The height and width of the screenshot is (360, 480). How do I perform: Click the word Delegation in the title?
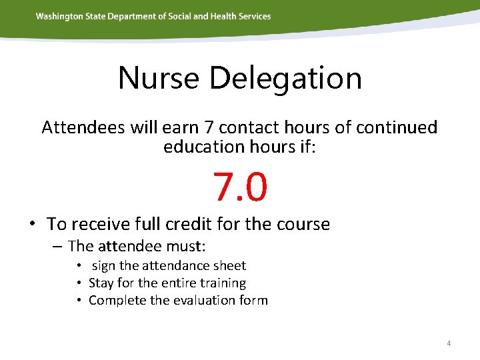click(x=285, y=78)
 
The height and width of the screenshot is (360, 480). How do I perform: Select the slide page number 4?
click(x=449, y=343)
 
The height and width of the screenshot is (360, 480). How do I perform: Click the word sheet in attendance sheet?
click(x=230, y=266)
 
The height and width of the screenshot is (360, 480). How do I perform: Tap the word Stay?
click(x=101, y=283)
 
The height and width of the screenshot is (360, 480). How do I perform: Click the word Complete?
click(x=117, y=301)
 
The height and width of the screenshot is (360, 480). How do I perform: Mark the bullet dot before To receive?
click(x=32, y=224)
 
